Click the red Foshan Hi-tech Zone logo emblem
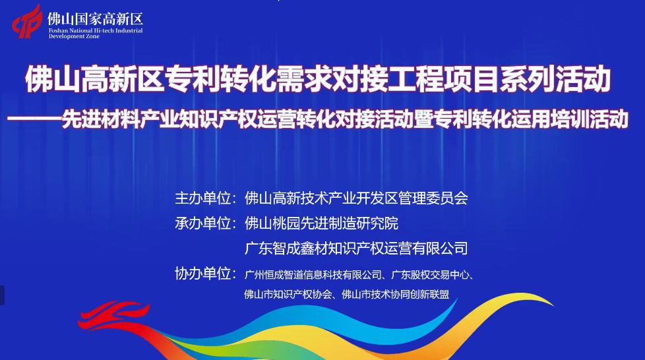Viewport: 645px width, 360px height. pyautogui.click(x=27, y=21)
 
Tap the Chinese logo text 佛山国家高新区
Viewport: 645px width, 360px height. pyautogui.click(x=96, y=19)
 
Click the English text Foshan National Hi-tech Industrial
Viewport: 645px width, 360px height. pyautogui.click(x=96, y=30)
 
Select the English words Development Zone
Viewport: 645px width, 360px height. pyautogui.click(x=74, y=36)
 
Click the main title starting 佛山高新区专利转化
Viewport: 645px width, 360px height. pyautogui.click(x=318, y=78)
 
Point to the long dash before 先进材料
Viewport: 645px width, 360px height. pyautogui.click(x=34, y=119)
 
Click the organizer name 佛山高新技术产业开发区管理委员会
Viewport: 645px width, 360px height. pyautogui.click(x=356, y=198)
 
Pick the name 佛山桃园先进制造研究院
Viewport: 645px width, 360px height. pyautogui.click(x=321, y=223)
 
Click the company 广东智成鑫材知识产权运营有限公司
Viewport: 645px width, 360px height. pyautogui.click(x=356, y=248)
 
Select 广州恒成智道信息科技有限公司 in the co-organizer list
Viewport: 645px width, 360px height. pyautogui.click(x=313, y=275)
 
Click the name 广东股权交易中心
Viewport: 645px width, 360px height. pyautogui.click(x=430, y=275)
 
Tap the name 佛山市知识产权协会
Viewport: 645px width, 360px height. pyautogui.click(x=288, y=294)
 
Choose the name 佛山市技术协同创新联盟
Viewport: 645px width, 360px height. pyautogui.click(x=395, y=294)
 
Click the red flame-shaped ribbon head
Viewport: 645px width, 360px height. pyautogui.click(x=113, y=315)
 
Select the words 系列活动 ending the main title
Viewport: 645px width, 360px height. pyautogui.click(x=555, y=78)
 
